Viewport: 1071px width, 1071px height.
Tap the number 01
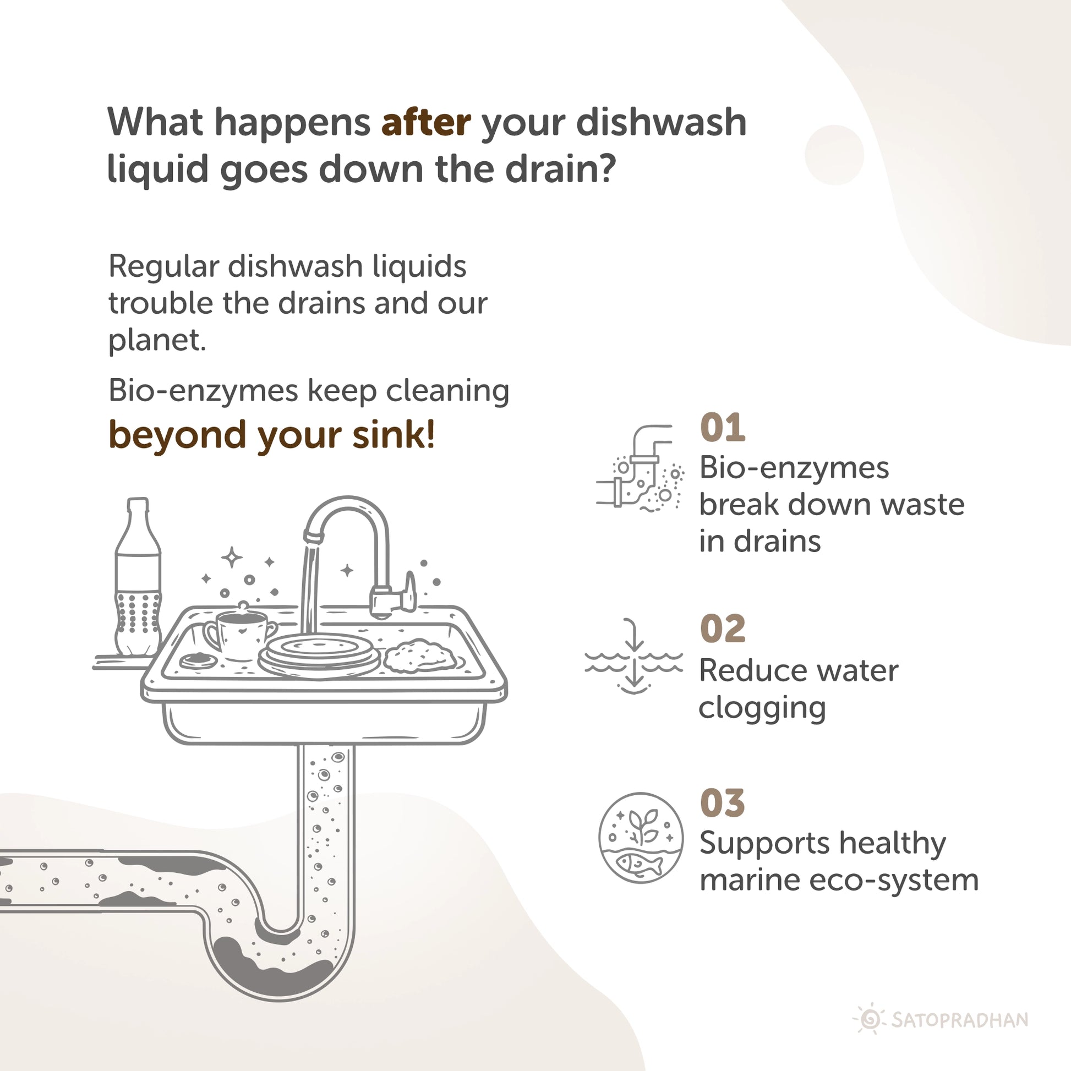[x=722, y=428]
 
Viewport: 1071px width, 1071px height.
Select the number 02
[x=722, y=629]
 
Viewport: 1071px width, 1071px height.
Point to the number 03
[x=722, y=804]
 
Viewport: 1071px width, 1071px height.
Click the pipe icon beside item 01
[x=639, y=468]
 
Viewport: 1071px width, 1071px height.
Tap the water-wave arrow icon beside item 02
[x=633, y=656]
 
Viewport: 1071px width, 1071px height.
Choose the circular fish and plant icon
[x=640, y=838]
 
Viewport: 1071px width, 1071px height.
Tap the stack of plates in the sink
[x=319, y=656]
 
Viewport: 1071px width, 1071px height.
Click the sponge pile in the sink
[x=420, y=656]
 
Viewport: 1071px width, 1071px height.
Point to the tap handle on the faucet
[x=409, y=591]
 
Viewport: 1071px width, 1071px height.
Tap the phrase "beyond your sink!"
[x=272, y=435]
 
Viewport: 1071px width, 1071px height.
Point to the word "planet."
[x=157, y=340]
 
